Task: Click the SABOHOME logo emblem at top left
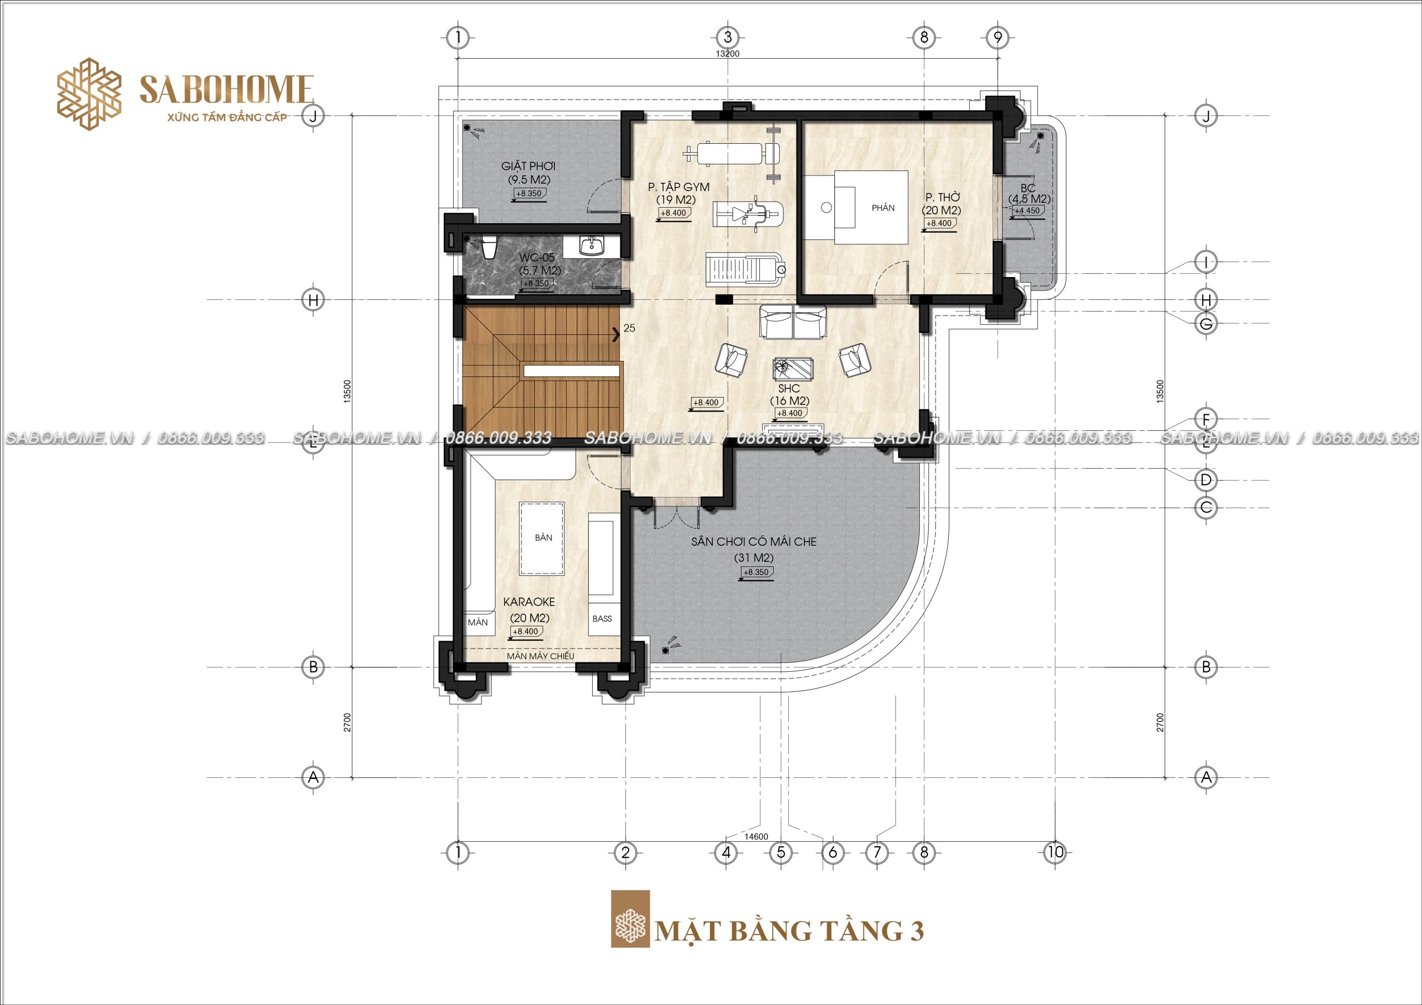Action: pos(88,94)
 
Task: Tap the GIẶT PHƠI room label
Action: pos(528,166)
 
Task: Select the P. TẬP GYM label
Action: pos(679,187)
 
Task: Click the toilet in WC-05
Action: pos(489,248)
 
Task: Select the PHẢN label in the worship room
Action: pos(883,208)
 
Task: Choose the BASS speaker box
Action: pos(602,619)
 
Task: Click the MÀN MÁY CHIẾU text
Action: pos(540,656)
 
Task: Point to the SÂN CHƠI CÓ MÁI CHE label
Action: pos(754,542)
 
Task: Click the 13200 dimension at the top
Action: pos(728,54)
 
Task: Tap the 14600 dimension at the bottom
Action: pos(755,837)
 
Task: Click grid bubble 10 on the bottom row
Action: pos(1055,853)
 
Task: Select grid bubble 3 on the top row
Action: pos(728,37)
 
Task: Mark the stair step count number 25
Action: pos(629,328)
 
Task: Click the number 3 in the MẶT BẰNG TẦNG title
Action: pos(917,931)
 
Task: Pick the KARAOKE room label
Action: pos(529,602)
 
